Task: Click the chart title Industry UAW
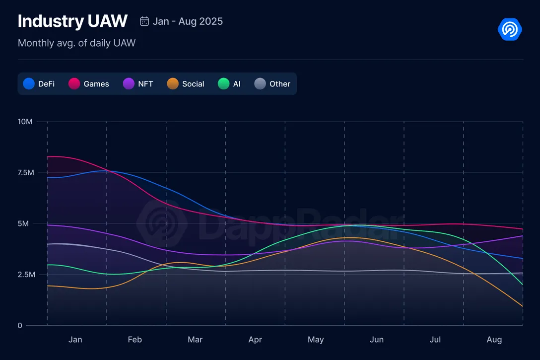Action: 72,21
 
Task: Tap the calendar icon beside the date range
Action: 144,21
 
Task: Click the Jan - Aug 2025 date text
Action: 188,21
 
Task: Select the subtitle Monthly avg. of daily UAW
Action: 76,43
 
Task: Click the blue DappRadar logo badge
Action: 510,29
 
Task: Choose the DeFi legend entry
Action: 39,84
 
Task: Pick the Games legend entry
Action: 89,84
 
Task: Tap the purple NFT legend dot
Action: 129,84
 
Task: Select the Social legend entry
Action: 186,84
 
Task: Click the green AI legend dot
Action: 223,84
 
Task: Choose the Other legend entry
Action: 272,84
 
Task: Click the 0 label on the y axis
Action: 20,326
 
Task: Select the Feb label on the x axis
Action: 135,340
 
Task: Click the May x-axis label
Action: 316,340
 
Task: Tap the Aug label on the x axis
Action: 494,340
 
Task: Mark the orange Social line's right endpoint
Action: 523,306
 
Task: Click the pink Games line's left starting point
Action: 48,157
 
